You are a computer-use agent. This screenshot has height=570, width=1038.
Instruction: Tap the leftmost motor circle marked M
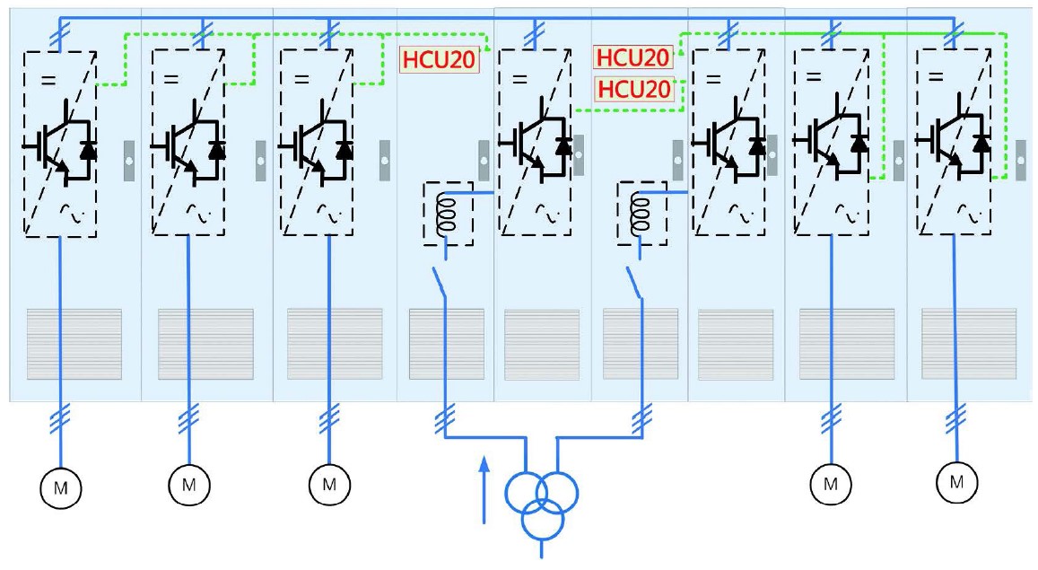pyautogui.click(x=61, y=487)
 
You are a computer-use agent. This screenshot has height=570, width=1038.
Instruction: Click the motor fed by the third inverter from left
pyautogui.click(x=328, y=485)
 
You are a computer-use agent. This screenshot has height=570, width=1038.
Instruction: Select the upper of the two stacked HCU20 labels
pyautogui.click(x=633, y=58)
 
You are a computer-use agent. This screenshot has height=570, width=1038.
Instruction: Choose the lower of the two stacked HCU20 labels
pyautogui.click(x=633, y=89)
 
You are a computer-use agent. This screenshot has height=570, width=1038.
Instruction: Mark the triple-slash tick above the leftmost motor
pyautogui.click(x=61, y=414)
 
